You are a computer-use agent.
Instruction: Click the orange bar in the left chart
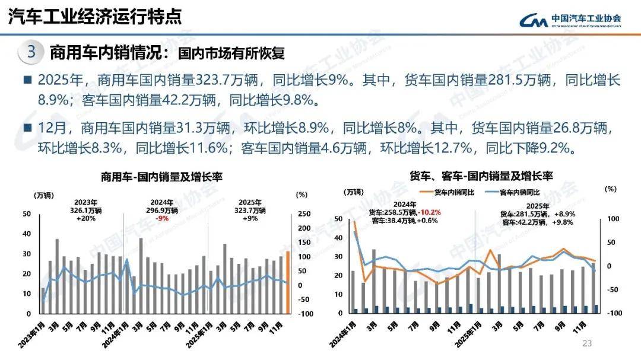pyautogui.click(x=288, y=282)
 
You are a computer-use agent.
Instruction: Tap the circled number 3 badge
pyautogui.click(x=31, y=52)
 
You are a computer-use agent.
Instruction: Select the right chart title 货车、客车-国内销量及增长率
pyautogui.click(x=481, y=176)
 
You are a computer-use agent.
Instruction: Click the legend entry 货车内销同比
pyautogui.click(x=457, y=192)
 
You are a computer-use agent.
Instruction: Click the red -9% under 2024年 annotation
pyautogui.click(x=161, y=218)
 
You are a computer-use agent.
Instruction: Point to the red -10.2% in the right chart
pyautogui.click(x=429, y=213)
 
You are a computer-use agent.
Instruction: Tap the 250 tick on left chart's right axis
pyautogui.click(x=302, y=214)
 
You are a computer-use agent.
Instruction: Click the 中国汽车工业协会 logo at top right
pyautogui.click(x=570, y=21)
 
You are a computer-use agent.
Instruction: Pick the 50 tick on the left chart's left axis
pyautogui.click(x=26, y=214)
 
